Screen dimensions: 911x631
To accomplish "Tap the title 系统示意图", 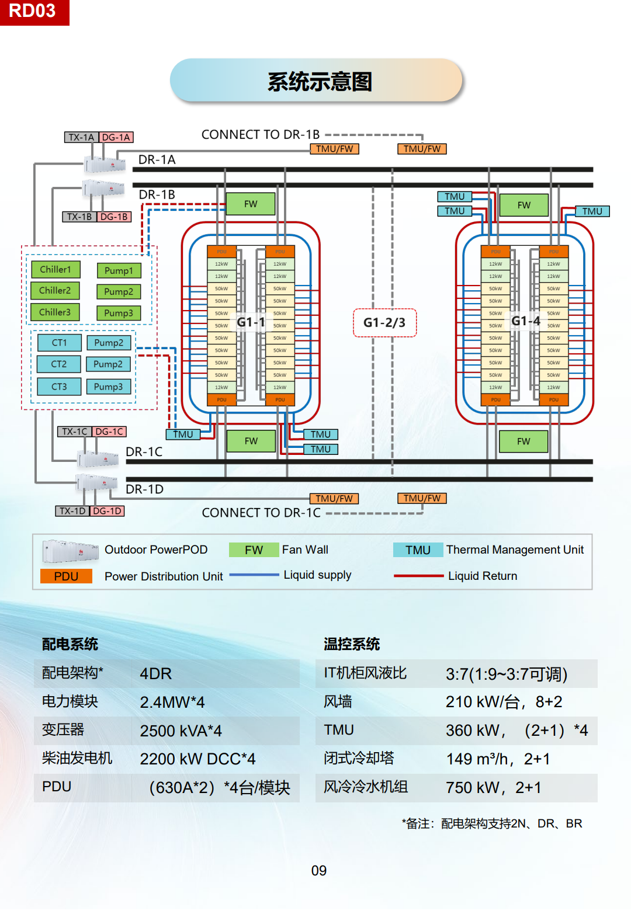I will click(319, 81).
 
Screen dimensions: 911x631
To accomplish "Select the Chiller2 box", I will click(55, 291).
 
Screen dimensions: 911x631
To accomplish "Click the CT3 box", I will click(59, 387).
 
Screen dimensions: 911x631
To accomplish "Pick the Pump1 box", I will click(119, 270).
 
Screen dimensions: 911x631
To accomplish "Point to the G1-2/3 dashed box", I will click(384, 322).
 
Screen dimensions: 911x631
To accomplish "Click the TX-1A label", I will click(81, 137).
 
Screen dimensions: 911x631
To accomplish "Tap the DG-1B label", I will click(114, 217).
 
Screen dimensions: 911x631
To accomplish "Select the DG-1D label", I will click(108, 511).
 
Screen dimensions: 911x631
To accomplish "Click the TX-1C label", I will click(75, 432).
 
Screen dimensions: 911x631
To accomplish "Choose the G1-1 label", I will click(251, 322).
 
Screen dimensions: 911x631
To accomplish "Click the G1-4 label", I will click(525, 321).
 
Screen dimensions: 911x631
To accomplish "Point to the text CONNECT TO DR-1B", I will click(261, 134).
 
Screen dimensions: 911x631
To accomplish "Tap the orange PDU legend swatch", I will click(66, 576).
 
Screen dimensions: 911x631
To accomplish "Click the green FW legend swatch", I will click(254, 550).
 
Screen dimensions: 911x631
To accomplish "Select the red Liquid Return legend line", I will click(418, 576).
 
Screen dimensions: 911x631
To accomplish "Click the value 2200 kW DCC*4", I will click(197, 759).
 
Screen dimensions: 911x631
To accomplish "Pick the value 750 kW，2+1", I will click(493, 788).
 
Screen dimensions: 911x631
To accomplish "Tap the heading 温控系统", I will click(352, 644).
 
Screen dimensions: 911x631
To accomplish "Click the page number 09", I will click(319, 871).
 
